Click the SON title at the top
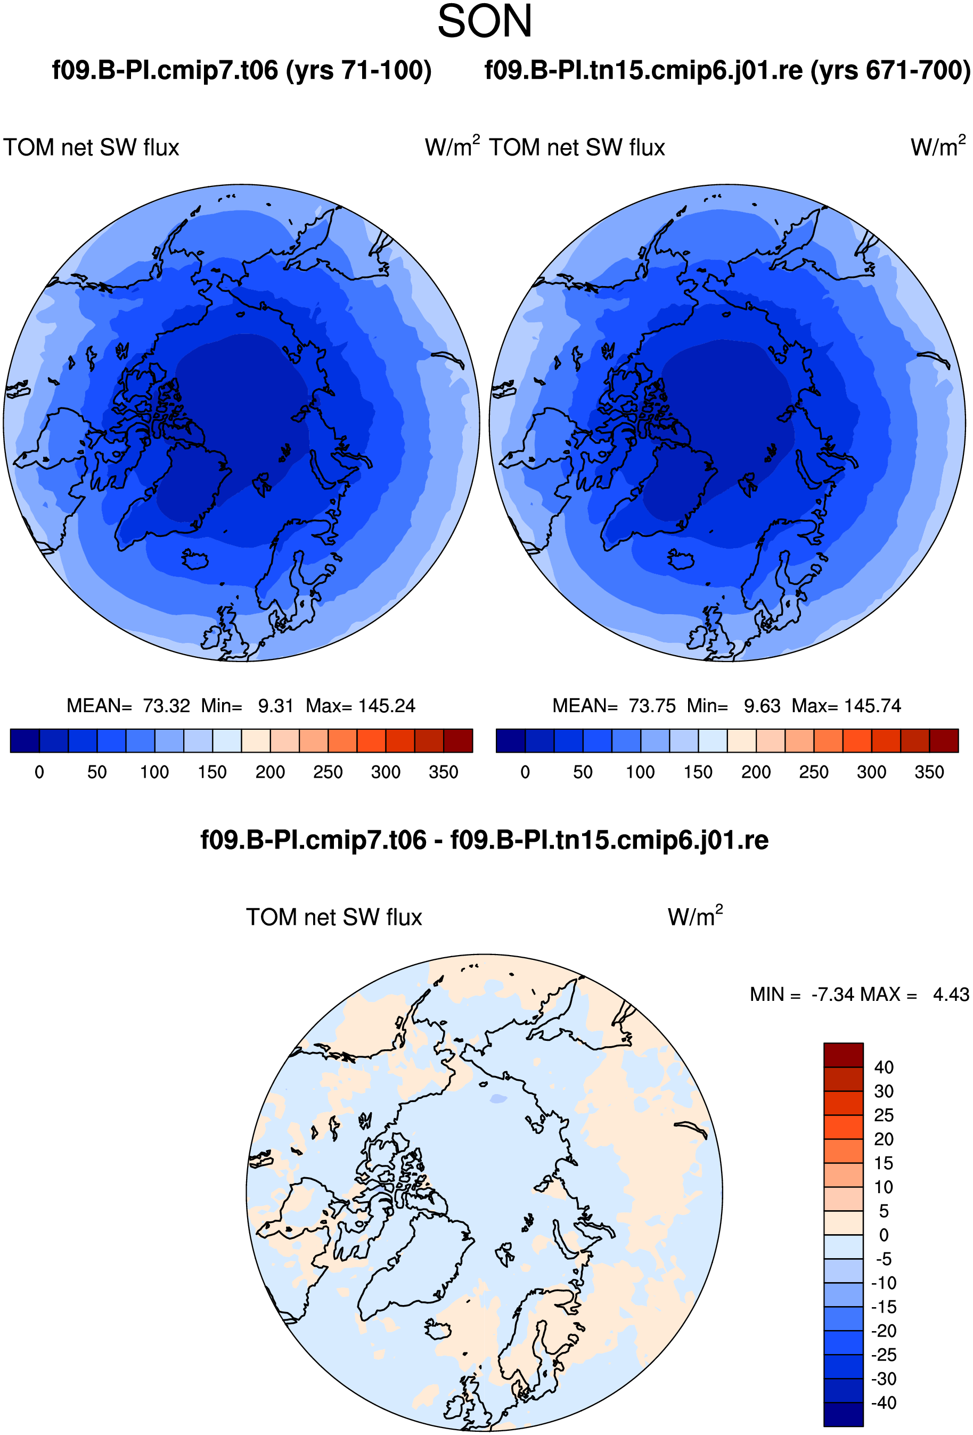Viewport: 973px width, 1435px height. coord(485,22)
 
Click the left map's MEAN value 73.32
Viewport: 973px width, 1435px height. coord(166,706)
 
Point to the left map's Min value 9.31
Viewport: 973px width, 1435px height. coord(275,706)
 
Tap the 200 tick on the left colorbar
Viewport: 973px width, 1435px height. coord(270,772)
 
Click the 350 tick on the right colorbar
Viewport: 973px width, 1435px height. coord(929,772)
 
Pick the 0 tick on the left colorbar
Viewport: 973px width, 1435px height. coord(39,772)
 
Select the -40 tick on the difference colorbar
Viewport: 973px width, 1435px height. coord(884,1403)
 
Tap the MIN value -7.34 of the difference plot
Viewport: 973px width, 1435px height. coord(833,994)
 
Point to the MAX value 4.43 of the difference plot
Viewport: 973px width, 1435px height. coord(951,994)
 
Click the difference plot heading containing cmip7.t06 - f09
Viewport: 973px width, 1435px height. coord(484,841)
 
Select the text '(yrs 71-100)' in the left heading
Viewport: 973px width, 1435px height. coord(358,71)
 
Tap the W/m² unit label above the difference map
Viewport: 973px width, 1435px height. coord(695,916)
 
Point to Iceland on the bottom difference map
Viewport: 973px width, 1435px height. coord(438,1330)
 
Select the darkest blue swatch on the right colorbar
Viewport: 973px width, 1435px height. coord(511,740)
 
